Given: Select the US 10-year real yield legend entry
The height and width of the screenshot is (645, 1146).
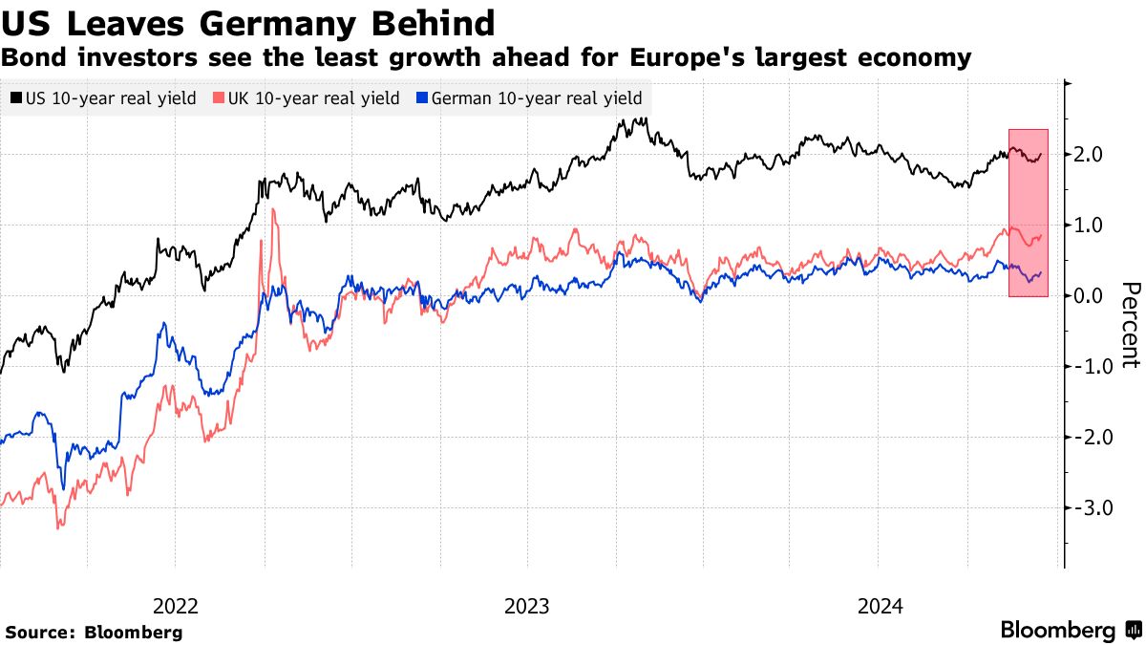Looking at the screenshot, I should coord(104,98).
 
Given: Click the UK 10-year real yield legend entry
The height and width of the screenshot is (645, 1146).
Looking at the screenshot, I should coord(307,98).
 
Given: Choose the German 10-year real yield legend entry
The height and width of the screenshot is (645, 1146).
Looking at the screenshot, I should coord(529,98).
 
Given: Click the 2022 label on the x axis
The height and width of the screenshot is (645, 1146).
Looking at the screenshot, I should coord(175,606).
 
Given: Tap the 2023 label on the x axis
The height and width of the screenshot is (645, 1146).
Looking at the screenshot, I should coord(527,606).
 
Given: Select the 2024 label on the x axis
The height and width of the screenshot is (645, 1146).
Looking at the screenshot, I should coord(881,606).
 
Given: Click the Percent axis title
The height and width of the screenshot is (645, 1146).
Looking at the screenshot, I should coord(1131,325).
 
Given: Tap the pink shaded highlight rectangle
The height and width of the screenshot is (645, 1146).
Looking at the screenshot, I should coord(1029,212).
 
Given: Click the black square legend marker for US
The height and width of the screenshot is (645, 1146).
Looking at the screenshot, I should coord(16,98).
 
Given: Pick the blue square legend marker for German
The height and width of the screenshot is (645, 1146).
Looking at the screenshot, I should coord(423,98).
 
